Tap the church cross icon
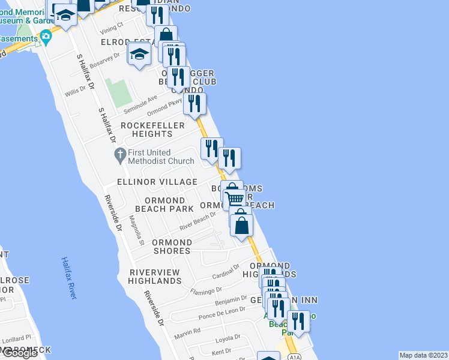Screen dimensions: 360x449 pyautogui.click(x=120, y=156)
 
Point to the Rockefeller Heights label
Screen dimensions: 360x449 pyautogui.click(x=147, y=129)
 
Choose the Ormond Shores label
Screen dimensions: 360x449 pyautogui.click(x=172, y=247)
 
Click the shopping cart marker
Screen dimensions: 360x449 pyautogui.click(x=234, y=198)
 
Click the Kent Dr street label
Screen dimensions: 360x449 pyautogui.click(x=221, y=351)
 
